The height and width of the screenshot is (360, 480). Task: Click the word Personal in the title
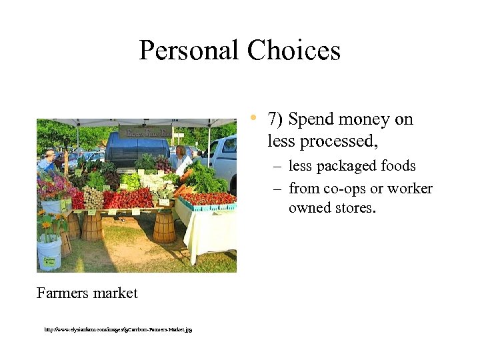point(189,51)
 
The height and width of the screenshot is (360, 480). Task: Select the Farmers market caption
point(87,293)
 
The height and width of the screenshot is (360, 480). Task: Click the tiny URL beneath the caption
point(118,329)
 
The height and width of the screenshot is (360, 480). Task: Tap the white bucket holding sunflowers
point(49,254)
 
